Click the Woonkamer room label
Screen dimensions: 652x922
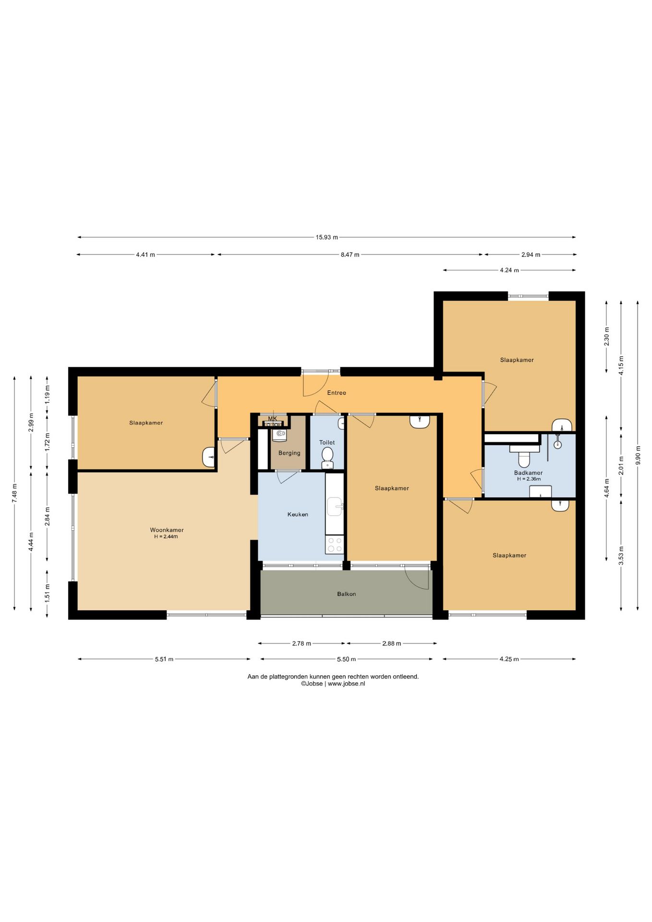tap(167, 530)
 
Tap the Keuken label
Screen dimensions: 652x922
tap(298, 514)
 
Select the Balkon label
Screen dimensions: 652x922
tap(346, 594)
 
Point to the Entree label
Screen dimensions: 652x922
tap(337, 393)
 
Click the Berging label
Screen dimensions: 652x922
tap(289, 453)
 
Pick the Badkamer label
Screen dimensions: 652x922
tap(528, 473)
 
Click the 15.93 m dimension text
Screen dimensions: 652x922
tap(326, 237)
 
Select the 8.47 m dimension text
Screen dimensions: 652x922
tap(350, 255)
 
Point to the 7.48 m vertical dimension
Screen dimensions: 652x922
tap(14, 493)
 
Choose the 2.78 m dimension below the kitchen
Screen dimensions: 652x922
tap(302, 643)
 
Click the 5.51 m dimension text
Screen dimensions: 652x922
tap(164, 659)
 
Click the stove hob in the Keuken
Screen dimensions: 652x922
tap(335, 545)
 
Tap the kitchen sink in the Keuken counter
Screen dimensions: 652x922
tap(335, 507)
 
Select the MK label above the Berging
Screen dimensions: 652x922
tap(273, 419)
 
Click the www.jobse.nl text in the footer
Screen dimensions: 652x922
tap(346, 684)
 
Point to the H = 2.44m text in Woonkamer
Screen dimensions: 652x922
tap(166, 537)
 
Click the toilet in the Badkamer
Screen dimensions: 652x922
tap(524, 456)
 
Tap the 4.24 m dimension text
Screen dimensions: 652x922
tap(509, 270)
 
